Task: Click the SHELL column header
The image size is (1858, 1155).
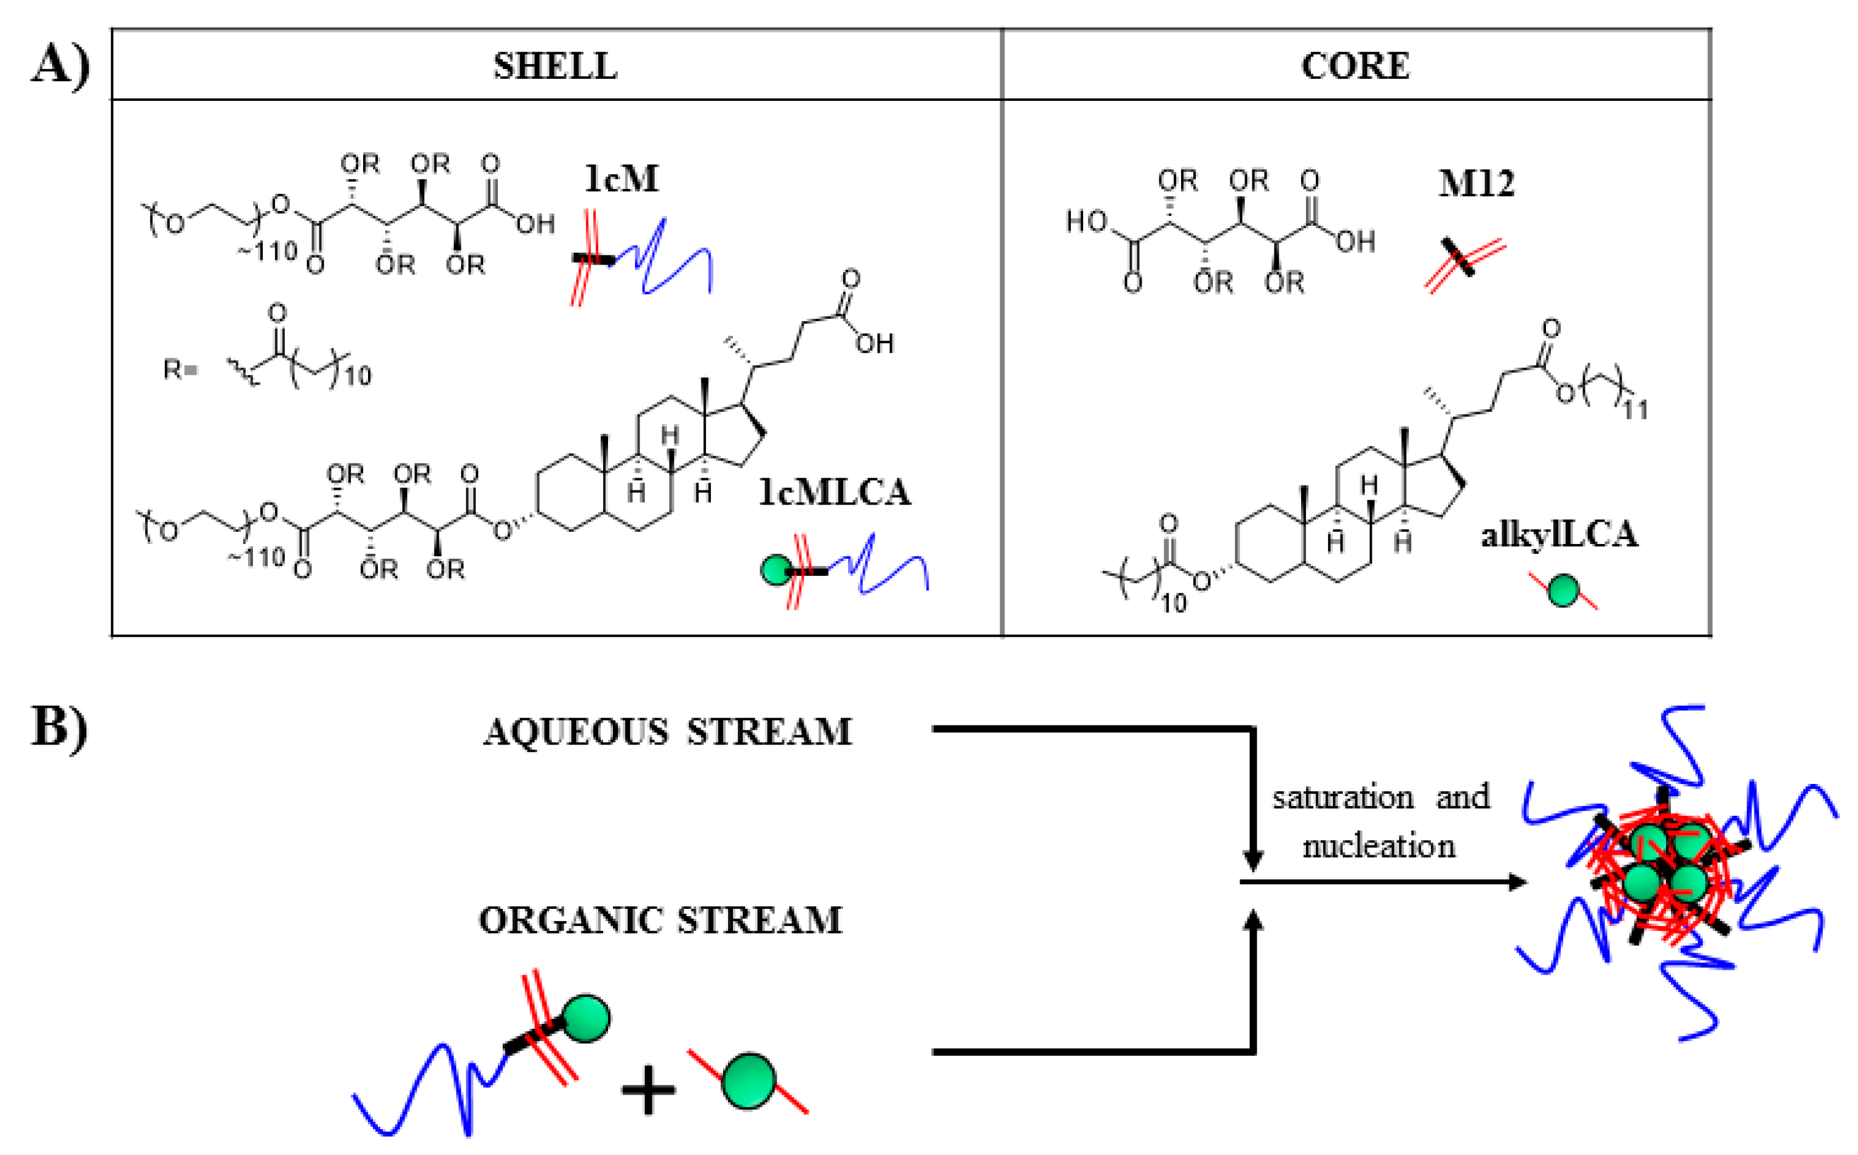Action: coord(555,66)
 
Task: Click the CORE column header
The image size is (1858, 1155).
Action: coord(1355,66)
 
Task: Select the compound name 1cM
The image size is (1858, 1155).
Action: coord(621,178)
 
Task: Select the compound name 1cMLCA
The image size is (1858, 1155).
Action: coord(835,492)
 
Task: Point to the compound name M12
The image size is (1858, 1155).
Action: coord(1476,184)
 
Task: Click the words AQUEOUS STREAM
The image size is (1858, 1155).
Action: coord(667,732)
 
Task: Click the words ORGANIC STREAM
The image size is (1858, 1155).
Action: coord(660,920)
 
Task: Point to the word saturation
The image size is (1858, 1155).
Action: coord(1342,797)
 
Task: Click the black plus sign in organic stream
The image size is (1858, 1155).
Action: coord(648,1090)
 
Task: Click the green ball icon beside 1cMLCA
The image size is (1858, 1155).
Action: coord(776,570)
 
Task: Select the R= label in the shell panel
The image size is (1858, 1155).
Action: coord(180,370)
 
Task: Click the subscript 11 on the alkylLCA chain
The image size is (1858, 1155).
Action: coord(1636,410)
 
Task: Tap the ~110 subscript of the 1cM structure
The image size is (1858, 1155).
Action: coord(267,250)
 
